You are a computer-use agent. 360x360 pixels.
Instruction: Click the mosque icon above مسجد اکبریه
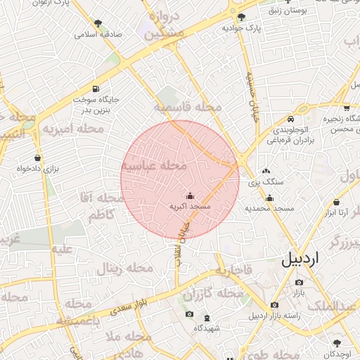click(190, 196)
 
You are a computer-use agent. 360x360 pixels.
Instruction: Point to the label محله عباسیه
click(154, 165)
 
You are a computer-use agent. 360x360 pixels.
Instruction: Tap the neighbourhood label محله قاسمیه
click(188, 108)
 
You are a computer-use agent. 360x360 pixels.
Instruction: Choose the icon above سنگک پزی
click(266, 171)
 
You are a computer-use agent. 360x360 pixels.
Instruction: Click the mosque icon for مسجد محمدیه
click(269, 198)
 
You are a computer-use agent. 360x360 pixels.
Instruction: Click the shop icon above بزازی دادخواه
click(37, 157)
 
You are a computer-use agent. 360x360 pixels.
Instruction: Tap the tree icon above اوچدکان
click(337, 342)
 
